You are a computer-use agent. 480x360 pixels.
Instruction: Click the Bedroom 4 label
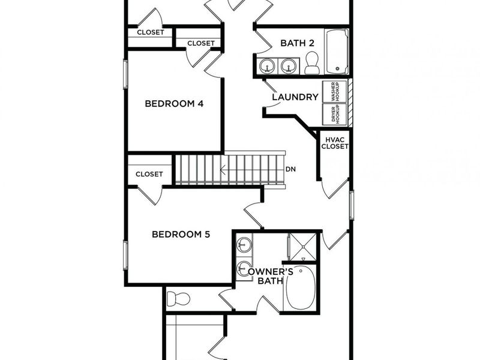point(174,103)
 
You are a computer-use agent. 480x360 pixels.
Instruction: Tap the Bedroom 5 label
point(181,235)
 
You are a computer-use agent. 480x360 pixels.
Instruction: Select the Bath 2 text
point(297,43)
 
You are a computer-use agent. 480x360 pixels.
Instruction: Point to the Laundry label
point(295,97)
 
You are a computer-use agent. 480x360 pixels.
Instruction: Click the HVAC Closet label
point(335,143)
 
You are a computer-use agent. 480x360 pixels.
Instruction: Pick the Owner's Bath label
point(270,276)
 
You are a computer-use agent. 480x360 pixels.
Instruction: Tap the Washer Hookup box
point(335,92)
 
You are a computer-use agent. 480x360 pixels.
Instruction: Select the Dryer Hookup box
point(335,114)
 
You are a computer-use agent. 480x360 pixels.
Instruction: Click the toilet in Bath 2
point(312,63)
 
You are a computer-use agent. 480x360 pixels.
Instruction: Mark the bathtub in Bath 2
point(337,52)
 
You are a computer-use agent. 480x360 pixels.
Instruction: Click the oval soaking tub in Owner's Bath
point(301,288)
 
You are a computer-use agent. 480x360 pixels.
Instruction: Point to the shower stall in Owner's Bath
point(302,247)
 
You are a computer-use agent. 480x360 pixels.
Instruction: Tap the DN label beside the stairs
point(291,169)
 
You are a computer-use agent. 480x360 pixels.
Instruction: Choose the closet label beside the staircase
point(149,174)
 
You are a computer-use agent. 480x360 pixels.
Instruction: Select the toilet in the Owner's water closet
point(178,299)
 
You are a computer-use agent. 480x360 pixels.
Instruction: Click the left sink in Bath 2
point(268,65)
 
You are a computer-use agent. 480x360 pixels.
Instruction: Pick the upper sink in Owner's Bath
point(244,245)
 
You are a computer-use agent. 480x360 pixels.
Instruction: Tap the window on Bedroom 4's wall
point(125,74)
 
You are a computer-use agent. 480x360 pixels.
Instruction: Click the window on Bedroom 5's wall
point(125,256)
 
